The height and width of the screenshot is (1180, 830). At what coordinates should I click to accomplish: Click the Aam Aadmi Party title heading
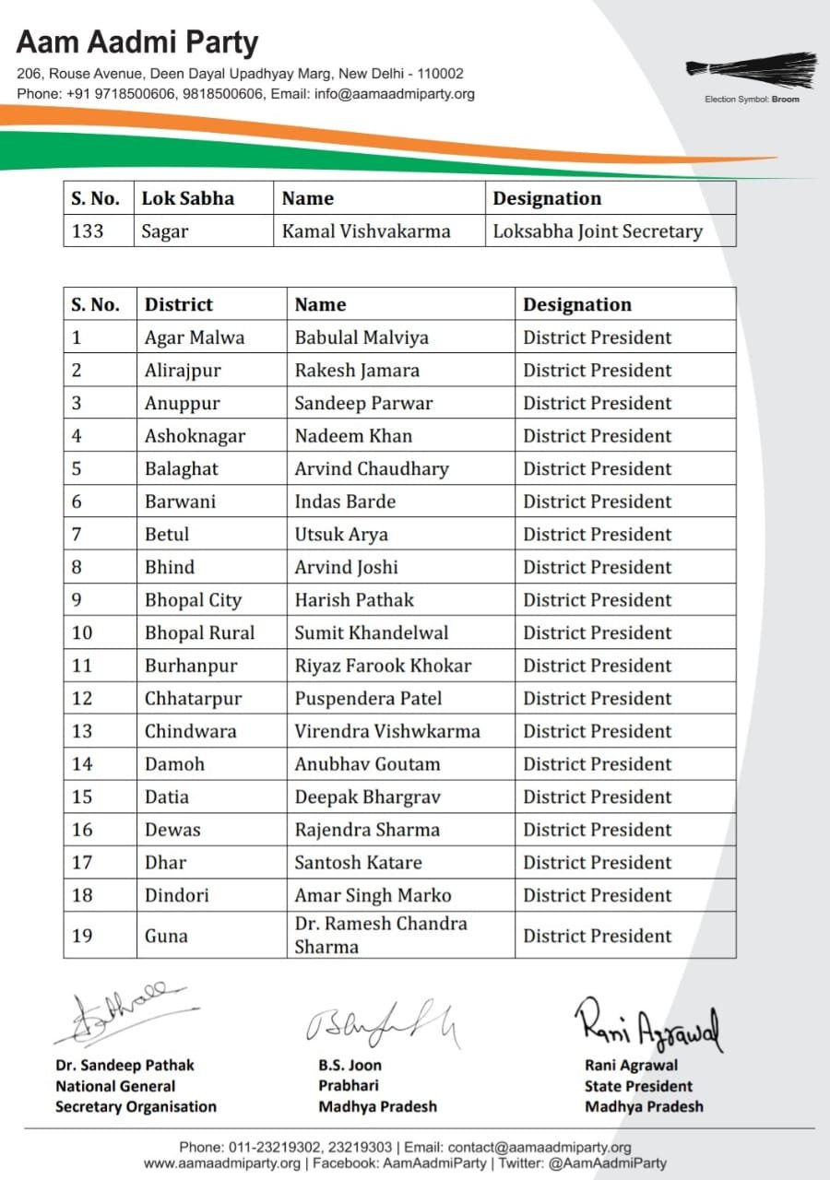(x=137, y=42)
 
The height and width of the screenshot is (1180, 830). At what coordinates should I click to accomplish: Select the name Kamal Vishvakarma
(x=366, y=231)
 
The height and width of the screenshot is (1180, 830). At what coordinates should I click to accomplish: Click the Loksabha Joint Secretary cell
(x=598, y=231)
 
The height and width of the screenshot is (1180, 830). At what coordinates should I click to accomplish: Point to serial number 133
(x=88, y=231)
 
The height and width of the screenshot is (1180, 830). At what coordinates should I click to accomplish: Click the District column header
(x=178, y=305)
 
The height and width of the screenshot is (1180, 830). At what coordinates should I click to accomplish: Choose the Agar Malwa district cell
(x=195, y=337)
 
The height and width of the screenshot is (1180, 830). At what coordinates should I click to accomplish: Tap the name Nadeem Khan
(x=353, y=436)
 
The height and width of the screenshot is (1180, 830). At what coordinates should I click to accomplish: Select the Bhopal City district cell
(x=193, y=600)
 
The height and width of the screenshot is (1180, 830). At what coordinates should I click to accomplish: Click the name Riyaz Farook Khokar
(x=383, y=666)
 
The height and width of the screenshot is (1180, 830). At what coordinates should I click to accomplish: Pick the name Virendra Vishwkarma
(x=387, y=731)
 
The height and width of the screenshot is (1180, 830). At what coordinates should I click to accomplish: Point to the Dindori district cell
(x=176, y=895)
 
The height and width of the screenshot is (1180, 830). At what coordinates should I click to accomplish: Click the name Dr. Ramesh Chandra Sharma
(x=381, y=935)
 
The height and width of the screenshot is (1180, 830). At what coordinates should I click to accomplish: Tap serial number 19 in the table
(x=82, y=936)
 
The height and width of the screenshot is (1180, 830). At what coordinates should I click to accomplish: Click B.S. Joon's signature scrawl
(x=383, y=1023)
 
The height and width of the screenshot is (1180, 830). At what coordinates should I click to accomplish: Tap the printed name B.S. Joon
(x=350, y=1066)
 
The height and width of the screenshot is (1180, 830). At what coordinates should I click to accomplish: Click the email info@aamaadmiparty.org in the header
(x=395, y=94)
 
